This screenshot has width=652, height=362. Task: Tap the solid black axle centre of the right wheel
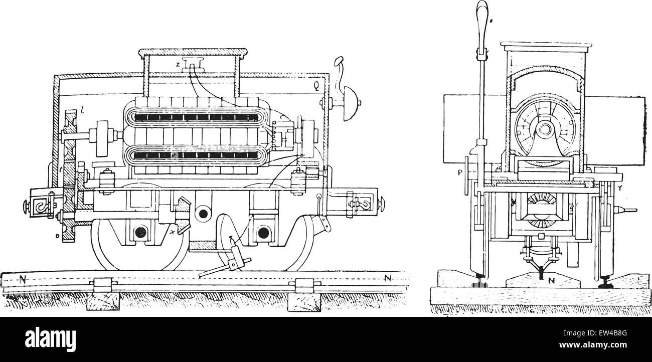pyautogui.click(x=262, y=233)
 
